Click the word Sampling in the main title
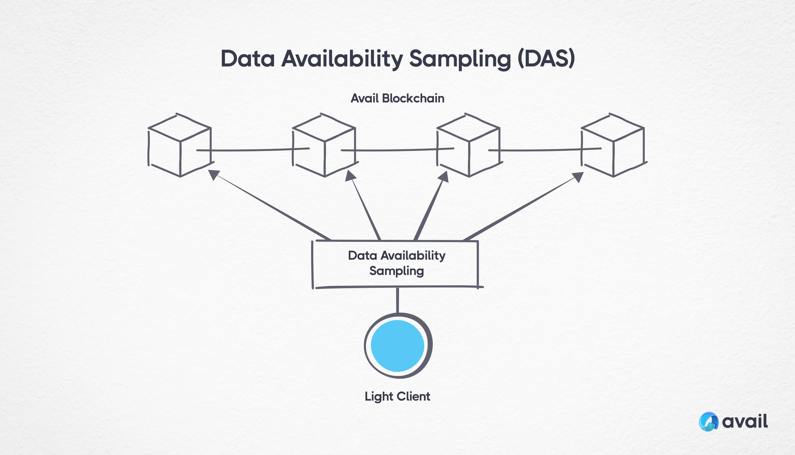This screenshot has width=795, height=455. (460, 59)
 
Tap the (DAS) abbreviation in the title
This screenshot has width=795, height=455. (546, 59)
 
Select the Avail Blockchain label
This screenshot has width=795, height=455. (397, 98)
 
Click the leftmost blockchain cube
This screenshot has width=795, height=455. (180, 146)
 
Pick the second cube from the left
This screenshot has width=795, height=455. (324, 146)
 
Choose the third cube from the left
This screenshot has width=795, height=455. (468, 146)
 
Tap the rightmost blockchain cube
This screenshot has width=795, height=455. (613, 146)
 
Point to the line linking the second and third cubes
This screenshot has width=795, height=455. (397, 150)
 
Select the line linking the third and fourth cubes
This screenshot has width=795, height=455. (545, 150)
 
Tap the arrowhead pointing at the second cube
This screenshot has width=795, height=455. (350, 175)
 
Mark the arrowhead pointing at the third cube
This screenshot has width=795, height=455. (444, 177)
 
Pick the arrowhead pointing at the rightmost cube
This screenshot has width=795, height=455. (578, 177)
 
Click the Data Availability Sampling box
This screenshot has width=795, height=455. (397, 263)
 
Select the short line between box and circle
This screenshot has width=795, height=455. (397, 300)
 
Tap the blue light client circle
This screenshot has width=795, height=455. (397, 345)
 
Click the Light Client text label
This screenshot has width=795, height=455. (397, 397)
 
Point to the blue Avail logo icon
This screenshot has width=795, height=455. (708, 422)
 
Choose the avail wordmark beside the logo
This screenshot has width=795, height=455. (745, 422)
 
